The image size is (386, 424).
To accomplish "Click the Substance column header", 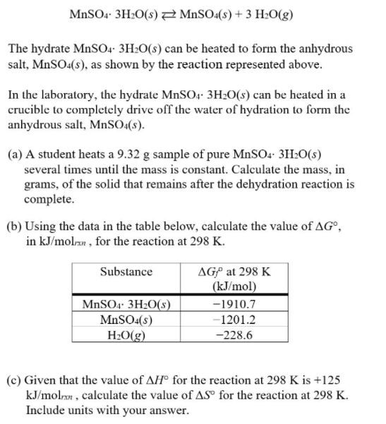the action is click(126, 272).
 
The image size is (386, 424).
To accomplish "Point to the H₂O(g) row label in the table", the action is click(126, 332).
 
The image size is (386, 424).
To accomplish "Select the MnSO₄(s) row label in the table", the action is click(126, 319).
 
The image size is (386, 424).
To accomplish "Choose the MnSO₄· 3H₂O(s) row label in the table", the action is click(126, 305).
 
